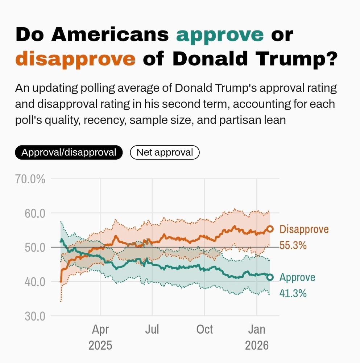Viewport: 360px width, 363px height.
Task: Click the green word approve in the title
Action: [220, 35]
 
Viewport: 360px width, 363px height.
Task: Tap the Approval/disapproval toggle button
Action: [69, 152]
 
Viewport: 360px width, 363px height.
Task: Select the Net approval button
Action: [165, 152]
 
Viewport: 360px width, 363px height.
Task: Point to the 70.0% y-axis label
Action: [30, 179]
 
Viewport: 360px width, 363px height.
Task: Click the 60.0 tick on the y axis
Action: [35, 213]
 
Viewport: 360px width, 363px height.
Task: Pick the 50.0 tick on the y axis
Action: [35, 247]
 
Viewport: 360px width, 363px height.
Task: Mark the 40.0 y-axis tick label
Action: [35, 282]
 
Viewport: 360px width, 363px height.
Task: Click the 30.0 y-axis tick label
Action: [35, 316]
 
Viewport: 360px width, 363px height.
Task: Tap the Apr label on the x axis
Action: [100, 330]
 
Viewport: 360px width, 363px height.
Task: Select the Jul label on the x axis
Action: [152, 330]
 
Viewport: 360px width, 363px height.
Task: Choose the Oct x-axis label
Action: [204, 330]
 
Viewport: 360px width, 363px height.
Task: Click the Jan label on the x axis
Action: [257, 330]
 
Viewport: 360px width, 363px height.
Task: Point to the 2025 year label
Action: [100, 345]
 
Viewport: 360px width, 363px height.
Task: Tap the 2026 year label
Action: [257, 345]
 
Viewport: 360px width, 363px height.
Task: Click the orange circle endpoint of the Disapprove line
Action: [270, 229]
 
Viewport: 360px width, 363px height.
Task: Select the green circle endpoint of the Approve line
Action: [270, 277]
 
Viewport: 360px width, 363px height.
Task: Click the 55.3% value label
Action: [293, 245]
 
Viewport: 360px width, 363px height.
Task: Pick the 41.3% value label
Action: [293, 293]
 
